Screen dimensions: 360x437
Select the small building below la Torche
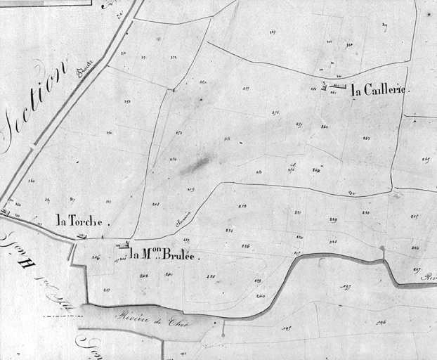[x=81, y=236]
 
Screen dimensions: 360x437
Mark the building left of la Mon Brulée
[x=124, y=246]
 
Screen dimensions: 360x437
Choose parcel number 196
[x=381, y=323]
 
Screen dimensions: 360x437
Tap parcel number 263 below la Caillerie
[x=366, y=138]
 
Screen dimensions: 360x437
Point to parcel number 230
[x=365, y=212]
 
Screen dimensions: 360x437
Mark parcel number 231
[x=297, y=212]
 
